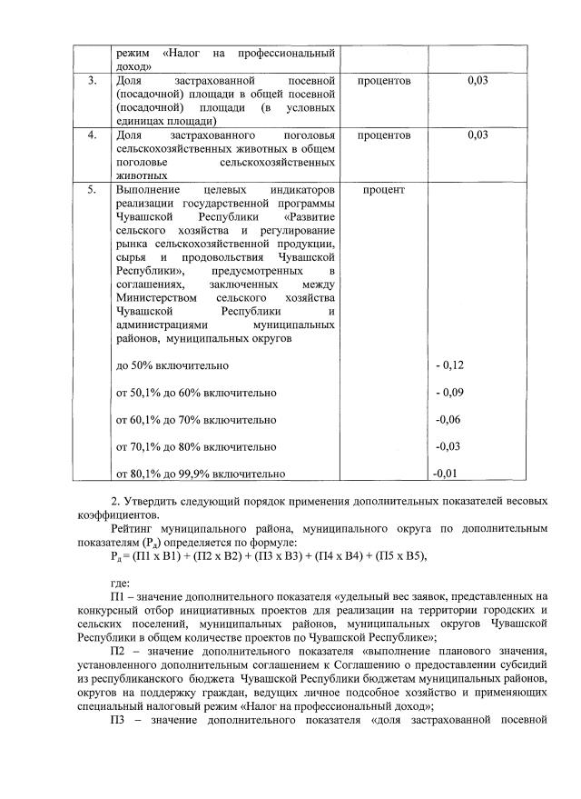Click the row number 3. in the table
(92, 82)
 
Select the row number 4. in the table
(92, 135)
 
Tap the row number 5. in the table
(92, 189)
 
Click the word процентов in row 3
(386, 82)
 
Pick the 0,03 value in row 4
(478, 135)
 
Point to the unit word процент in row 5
(383, 189)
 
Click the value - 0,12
(450, 365)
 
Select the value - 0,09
(450, 393)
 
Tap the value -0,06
(450, 420)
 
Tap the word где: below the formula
(118, 584)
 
